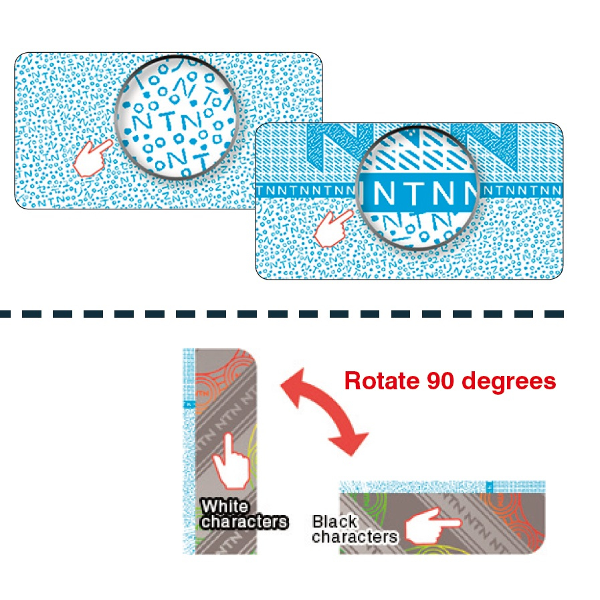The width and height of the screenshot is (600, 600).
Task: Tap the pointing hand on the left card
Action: point(92,158)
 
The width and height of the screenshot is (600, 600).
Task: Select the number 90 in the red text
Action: point(439,381)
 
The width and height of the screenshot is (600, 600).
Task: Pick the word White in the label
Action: point(225,506)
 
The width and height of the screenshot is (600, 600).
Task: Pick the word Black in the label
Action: point(334,521)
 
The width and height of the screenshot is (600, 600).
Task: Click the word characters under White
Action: point(244,522)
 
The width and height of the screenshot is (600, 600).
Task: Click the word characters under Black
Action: point(355,536)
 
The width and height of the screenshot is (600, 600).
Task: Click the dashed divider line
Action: point(281,313)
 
